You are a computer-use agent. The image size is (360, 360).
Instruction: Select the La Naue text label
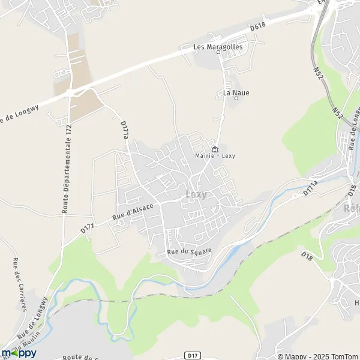(x=236, y=93)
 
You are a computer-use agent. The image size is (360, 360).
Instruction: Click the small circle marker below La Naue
(x=236, y=99)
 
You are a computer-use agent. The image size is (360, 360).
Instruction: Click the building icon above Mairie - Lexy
(x=215, y=149)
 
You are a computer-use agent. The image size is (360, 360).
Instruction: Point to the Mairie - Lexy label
(x=215, y=156)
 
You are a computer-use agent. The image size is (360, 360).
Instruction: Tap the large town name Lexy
(x=197, y=194)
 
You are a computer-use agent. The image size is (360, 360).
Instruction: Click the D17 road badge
(x=191, y=355)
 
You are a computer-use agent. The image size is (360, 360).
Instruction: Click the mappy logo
(x=19, y=353)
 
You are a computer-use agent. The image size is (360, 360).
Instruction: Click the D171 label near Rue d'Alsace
(x=88, y=227)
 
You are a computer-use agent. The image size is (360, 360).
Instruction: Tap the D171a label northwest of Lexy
(x=124, y=129)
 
